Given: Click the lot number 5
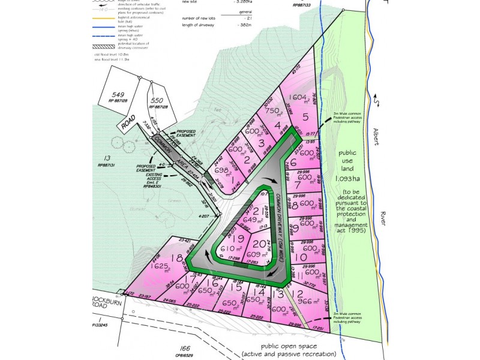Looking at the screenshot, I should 305,117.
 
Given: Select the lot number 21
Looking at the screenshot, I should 258,211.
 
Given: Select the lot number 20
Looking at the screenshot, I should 259,244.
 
